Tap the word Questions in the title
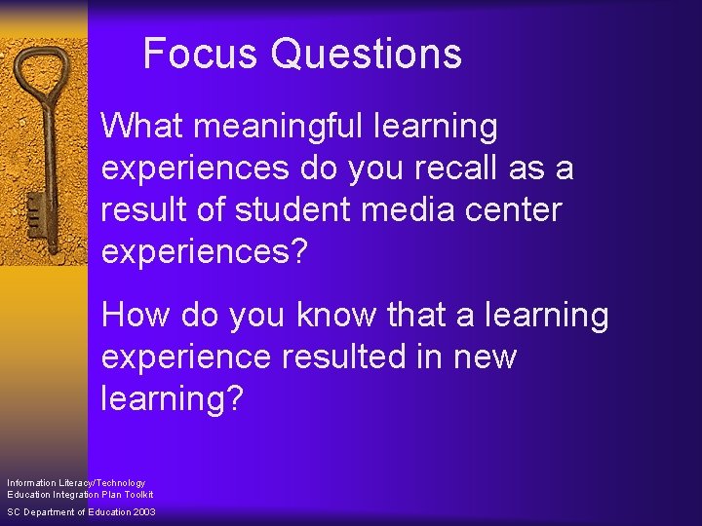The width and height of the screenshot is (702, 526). coord(367,55)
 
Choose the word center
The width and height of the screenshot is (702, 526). coord(516,210)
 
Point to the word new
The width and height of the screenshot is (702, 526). coord(485,357)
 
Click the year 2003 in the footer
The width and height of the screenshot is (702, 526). coord(141,512)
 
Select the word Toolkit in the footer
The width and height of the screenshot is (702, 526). coord(136,494)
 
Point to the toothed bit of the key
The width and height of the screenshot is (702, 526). coord(33,209)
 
